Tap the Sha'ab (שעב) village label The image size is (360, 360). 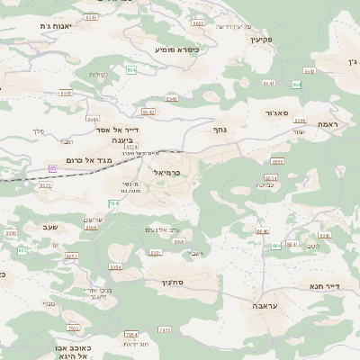click(x=49, y=227)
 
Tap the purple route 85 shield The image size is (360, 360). click(x=53, y=168)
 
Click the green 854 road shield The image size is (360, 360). click(x=131, y=68)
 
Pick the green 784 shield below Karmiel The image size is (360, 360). click(x=113, y=203)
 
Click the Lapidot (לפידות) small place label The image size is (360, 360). click(x=99, y=74)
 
